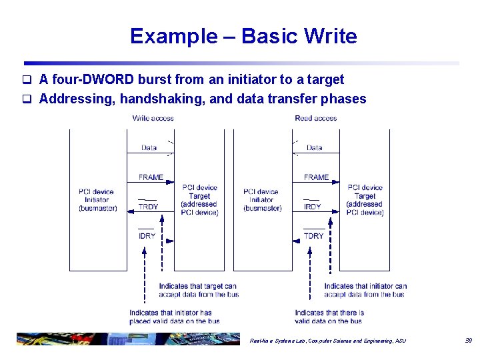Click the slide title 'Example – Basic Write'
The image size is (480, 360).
click(243, 36)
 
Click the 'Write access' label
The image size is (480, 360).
click(153, 118)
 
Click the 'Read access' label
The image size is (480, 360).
click(316, 118)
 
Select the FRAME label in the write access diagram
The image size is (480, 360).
click(151, 177)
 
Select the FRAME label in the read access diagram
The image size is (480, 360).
click(316, 177)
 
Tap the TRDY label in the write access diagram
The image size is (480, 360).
click(148, 207)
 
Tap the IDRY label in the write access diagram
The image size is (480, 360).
click(147, 236)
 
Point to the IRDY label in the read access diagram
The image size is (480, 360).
click(312, 207)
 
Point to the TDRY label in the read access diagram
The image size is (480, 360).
click(313, 236)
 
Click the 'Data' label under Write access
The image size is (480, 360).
click(149, 148)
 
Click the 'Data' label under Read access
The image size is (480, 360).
click(315, 148)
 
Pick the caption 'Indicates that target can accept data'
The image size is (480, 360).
click(198, 290)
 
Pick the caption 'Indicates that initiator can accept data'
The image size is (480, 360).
click(365, 290)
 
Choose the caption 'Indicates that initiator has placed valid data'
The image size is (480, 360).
click(174, 317)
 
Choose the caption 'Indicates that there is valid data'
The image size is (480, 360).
click(329, 317)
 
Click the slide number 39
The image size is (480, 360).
click(468, 341)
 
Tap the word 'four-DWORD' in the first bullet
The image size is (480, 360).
click(93, 80)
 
